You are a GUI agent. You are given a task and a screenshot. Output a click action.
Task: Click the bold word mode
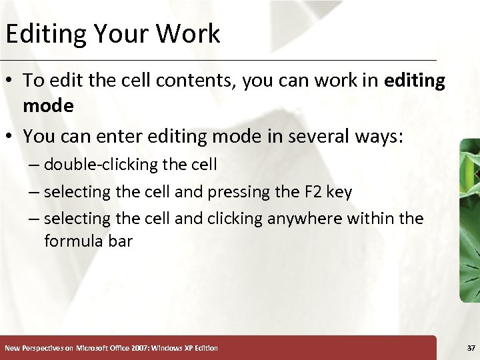(x=48, y=106)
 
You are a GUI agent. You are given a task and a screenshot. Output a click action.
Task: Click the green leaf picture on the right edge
(x=470, y=220)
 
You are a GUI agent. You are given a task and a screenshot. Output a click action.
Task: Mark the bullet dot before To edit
(x=11, y=81)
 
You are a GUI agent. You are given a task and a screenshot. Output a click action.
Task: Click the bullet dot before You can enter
(x=11, y=137)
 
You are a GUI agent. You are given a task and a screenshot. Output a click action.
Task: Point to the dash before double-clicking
(x=35, y=165)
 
